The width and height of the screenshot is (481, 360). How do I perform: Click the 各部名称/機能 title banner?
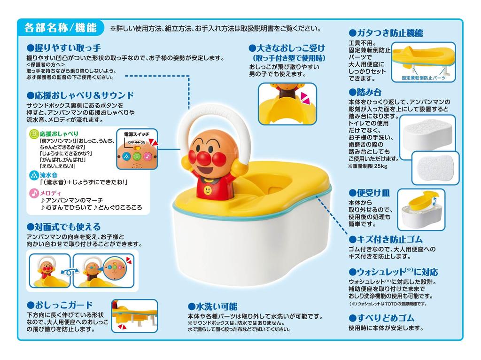pos(60,27)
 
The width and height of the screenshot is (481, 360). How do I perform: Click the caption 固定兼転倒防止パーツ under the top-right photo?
pos(424,78)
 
